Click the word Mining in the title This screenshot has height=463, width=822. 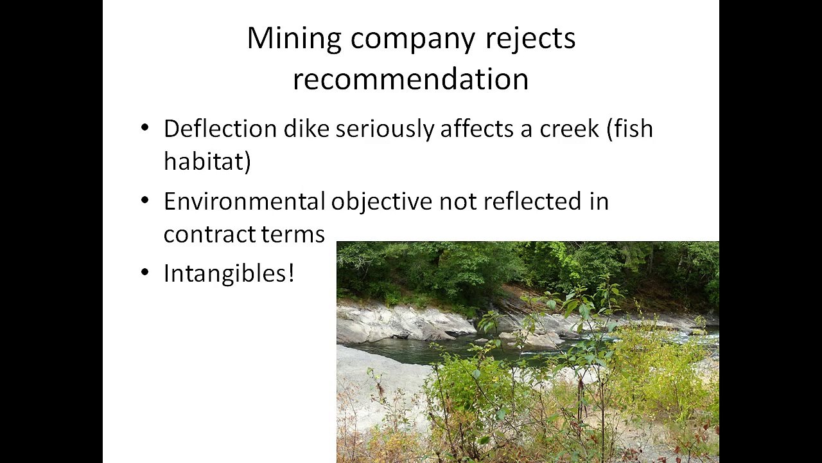[294, 39]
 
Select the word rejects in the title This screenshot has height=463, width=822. [530, 39]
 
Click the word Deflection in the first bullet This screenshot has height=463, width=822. [220, 129]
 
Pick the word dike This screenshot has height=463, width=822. [306, 129]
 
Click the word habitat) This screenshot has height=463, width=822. [207, 161]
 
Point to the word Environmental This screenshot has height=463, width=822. [245, 201]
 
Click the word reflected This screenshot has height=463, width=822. [532, 201]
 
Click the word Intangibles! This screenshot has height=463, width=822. [229, 273]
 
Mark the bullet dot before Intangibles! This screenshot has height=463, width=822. [145, 273]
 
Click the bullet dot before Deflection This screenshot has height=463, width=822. [145, 128]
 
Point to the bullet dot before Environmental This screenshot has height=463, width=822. [145, 200]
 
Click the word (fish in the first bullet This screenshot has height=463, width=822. [630, 129]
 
